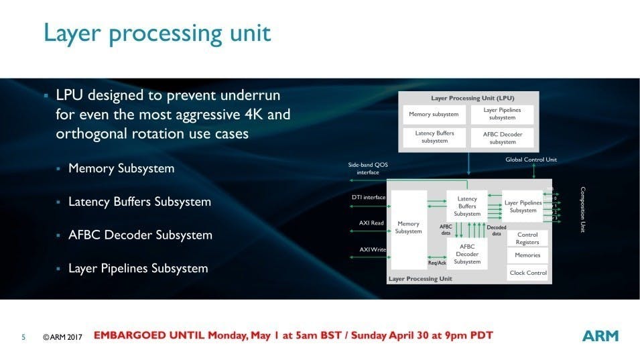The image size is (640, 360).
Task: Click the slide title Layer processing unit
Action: [x=157, y=34]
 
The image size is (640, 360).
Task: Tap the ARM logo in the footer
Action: [x=600, y=336]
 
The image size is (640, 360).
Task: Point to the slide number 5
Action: [x=23, y=337]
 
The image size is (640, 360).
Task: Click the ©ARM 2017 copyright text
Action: [x=62, y=337]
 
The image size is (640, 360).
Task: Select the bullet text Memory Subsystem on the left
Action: [x=121, y=168]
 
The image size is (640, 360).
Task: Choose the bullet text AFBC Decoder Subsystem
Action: [x=140, y=235]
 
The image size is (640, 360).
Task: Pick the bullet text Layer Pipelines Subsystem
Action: [x=138, y=269]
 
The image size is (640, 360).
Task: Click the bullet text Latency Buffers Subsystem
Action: [x=139, y=202]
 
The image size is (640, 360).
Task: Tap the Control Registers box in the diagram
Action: [x=527, y=239]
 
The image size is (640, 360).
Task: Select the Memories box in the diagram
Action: [x=527, y=255]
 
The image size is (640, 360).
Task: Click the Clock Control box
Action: [x=528, y=273]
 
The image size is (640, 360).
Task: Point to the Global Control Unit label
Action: [x=531, y=160]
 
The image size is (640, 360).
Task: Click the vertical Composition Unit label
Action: [x=583, y=209]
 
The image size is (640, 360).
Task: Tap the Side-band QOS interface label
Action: [x=368, y=168]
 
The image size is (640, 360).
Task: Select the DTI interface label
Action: [x=369, y=197]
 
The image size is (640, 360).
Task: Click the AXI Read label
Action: [x=371, y=223]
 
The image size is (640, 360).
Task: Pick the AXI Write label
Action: [x=373, y=249]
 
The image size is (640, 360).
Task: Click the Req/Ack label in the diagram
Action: [x=437, y=263]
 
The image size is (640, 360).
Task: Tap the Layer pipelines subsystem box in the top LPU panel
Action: [x=502, y=114]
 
